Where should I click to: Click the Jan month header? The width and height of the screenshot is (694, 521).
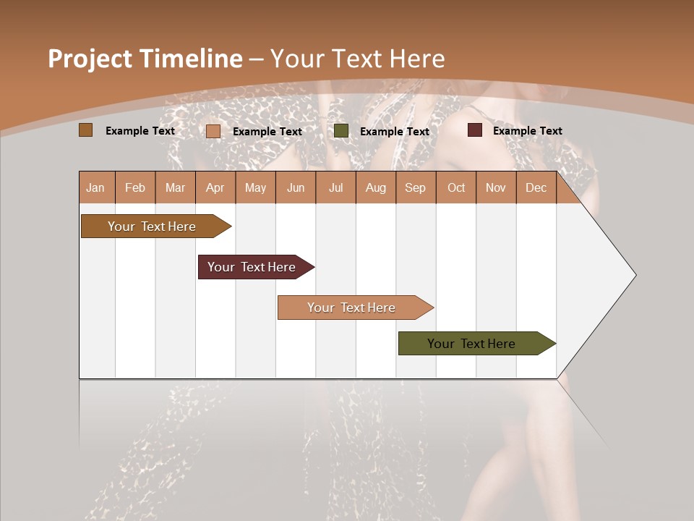click(x=95, y=187)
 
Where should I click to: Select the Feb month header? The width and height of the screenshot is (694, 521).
click(x=135, y=187)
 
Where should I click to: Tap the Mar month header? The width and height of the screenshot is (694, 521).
click(x=175, y=187)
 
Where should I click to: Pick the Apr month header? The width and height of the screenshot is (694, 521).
click(x=215, y=187)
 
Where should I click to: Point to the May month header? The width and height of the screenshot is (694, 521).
click(x=255, y=187)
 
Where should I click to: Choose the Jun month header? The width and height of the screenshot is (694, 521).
click(x=296, y=187)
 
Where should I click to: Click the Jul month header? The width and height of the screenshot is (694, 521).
click(x=335, y=187)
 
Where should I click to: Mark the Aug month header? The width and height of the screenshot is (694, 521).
click(x=376, y=187)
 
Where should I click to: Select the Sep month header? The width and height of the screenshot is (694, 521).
click(x=416, y=187)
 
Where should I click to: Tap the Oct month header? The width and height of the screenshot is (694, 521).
click(x=456, y=187)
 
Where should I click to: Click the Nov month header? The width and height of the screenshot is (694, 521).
click(x=496, y=187)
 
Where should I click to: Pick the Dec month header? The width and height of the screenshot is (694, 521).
click(x=536, y=187)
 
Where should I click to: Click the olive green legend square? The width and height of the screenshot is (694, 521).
click(x=341, y=131)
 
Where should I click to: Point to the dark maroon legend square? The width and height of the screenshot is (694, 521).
click(x=475, y=130)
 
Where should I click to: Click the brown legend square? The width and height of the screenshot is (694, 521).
click(x=85, y=130)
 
